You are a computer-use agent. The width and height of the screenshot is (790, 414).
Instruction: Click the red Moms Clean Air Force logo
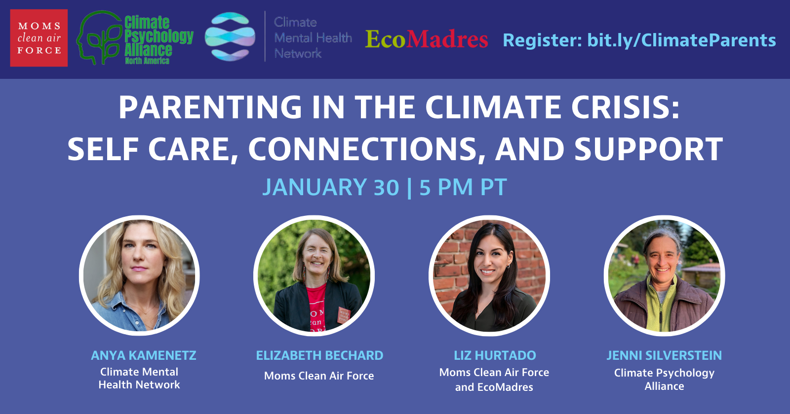pyautogui.click(x=39, y=38)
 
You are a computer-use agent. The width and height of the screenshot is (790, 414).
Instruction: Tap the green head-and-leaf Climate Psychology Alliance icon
pyautogui.click(x=100, y=37)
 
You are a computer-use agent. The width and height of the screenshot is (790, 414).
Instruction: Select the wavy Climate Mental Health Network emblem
pyautogui.click(x=230, y=36)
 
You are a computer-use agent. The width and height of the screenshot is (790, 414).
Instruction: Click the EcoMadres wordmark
pyautogui.click(x=427, y=39)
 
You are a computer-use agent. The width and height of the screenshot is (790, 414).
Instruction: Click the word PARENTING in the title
pyautogui.click(x=210, y=108)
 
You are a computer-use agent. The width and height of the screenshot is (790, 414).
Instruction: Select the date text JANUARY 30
pyautogui.click(x=331, y=187)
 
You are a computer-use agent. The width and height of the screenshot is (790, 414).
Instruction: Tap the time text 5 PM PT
pyautogui.click(x=463, y=187)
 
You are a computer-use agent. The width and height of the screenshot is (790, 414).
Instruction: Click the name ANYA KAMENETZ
pyautogui.click(x=144, y=355)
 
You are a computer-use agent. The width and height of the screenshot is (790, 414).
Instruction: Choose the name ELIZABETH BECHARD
pyautogui.click(x=319, y=355)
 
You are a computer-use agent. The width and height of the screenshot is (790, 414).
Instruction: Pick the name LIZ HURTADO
pyautogui.click(x=495, y=355)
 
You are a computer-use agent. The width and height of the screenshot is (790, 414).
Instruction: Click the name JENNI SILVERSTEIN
pyautogui.click(x=664, y=355)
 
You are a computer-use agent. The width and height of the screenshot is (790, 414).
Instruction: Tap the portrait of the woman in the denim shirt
pyautogui.click(x=139, y=276)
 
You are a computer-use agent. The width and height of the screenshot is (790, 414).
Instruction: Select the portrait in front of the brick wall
pyautogui.click(x=489, y=276)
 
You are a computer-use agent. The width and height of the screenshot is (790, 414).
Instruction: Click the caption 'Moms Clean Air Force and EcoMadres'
pyautogui.click(x=494, y=379)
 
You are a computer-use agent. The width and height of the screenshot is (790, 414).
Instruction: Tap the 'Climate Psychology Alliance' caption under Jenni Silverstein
pyautogui.click(x=665, y=379)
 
